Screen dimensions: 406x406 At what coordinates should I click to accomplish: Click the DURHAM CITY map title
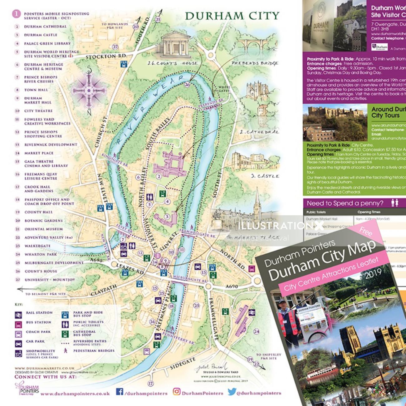click(x=232, y=16)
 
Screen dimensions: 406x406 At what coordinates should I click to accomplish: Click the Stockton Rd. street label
click(x=106, y=56)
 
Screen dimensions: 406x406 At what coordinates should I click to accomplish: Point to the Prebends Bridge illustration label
click(x=255, y=63)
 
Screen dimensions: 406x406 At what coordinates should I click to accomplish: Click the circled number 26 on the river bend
click(x=187, y=84)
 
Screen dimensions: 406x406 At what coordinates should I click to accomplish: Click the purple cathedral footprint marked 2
click(x=171, y=162)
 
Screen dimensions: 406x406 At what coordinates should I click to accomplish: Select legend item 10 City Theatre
click(x=38, y=111)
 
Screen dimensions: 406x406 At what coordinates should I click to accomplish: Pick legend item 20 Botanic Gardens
click(x=43, y=221)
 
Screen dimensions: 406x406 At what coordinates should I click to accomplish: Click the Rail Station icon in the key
click(x=19, y=315)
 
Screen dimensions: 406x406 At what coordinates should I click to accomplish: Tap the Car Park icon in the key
click(x=19, y=344)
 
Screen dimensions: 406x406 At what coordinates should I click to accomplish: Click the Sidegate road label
click(x=183, y=364)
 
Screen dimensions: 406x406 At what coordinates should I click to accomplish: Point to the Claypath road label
click(x=104, y=290)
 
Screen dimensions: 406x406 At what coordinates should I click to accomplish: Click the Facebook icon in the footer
click(x=120, y=392)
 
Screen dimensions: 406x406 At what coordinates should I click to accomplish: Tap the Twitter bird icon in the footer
click(x=231, y=392)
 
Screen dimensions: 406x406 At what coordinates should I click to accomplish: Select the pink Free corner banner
click(x=365, y=231)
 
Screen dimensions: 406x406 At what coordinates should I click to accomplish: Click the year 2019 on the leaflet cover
click(x=373, y=274)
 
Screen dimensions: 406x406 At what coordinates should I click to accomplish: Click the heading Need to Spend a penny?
click(x=345, y=203)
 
